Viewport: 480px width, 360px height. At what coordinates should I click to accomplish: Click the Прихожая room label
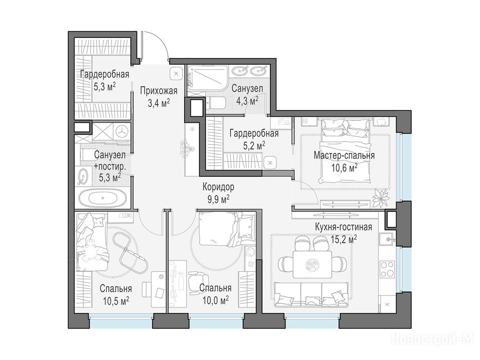159,91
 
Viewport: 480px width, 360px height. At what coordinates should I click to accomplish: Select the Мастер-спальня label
344,155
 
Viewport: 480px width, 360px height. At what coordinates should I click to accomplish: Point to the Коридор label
218,187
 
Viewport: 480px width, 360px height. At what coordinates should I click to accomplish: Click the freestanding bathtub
103,198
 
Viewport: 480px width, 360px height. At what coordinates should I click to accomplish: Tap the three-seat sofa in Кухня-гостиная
311,294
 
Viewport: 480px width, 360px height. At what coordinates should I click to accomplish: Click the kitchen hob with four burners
387,269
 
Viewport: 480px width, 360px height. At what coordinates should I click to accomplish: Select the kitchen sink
387,239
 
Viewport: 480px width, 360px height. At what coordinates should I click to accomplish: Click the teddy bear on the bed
91,249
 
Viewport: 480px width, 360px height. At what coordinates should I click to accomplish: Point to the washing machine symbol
122,132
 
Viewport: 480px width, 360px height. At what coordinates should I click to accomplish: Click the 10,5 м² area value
116,300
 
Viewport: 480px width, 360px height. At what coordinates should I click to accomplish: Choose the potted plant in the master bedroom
380,198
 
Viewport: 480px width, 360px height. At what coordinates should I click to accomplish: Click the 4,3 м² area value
247,101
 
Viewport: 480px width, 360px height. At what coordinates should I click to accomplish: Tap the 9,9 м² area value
218,199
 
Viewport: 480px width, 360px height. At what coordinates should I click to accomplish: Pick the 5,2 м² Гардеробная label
254,140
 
